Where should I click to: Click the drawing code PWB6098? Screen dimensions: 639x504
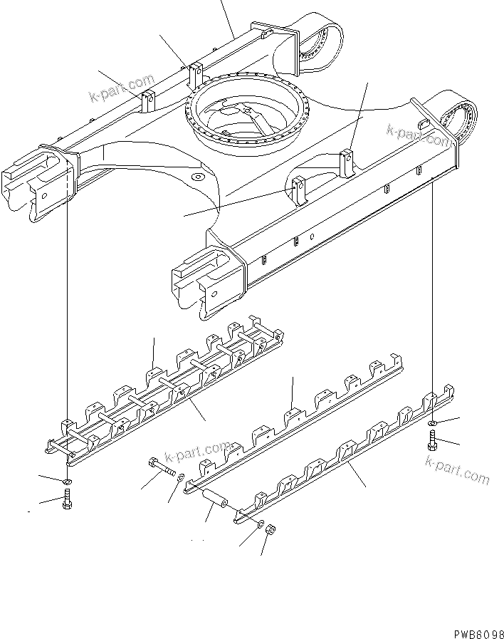click(x=476, y=631)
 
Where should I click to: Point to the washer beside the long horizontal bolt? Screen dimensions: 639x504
click(x=178, y=476)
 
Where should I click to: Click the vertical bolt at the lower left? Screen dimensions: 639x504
click(x=65, y=502)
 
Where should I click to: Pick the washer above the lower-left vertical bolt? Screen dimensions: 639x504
click(x=65, y=483)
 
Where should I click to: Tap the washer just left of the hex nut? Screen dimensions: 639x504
click(x=262, y=525)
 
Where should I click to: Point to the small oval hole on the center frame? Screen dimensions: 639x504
click(x=196, y=175)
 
